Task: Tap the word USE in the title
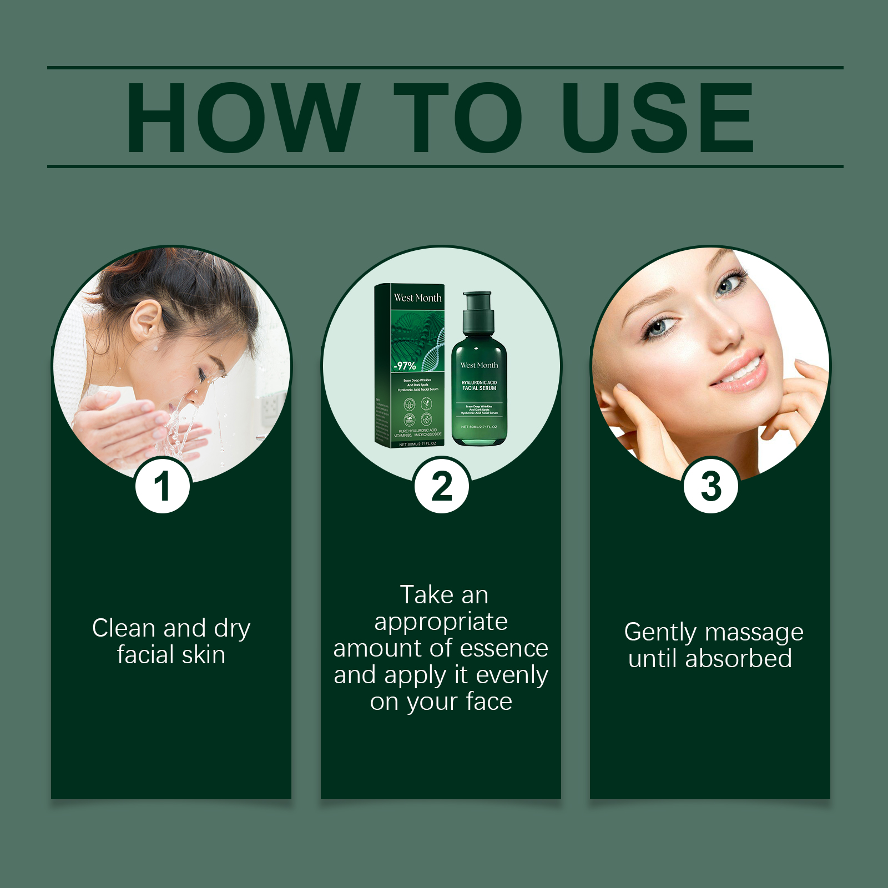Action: point(658,118)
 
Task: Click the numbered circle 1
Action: point(163,486)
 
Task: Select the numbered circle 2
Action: point(442,486)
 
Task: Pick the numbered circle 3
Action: point(711,486)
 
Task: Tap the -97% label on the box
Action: point(405,366)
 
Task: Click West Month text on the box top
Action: point(417,298)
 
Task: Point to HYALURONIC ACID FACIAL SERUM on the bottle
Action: point(479,385)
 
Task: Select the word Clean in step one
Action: point(124,629)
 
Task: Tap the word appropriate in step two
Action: point(441,622)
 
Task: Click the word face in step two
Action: point(489,702)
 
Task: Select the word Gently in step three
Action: point(660,633)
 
